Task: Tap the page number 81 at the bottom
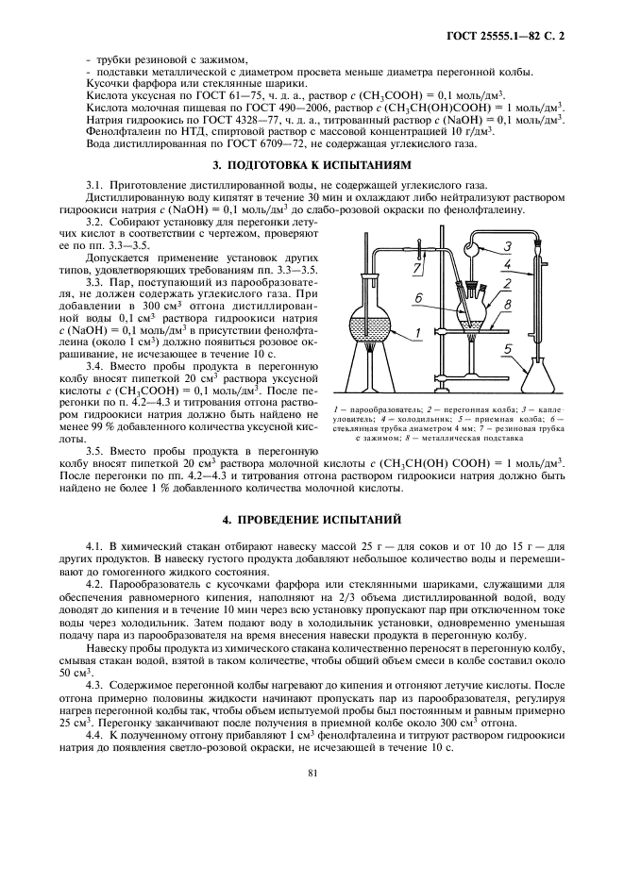point(312,775)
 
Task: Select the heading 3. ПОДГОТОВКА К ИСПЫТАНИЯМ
point(312,163)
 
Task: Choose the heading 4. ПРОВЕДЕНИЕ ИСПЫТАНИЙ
point(312,520)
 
